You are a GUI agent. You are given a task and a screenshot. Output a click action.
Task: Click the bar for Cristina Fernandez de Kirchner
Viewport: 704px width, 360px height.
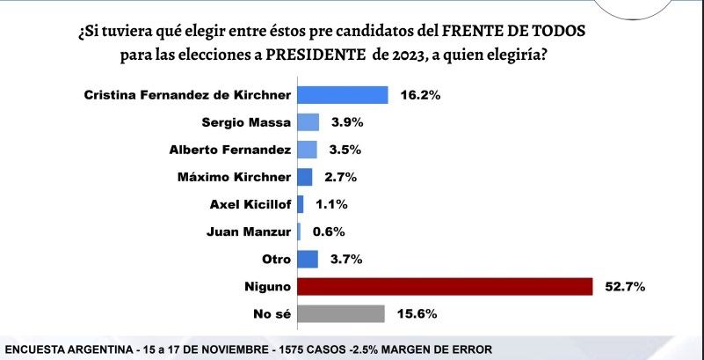(x=343, y=95)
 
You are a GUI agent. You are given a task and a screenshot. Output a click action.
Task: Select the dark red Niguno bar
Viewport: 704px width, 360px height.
(x=445, y=286)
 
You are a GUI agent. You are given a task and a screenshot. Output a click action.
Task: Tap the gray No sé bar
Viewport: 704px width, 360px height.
(x=341, y=313)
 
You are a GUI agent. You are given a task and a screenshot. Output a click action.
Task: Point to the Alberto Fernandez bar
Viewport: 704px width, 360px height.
(x=307, y=150)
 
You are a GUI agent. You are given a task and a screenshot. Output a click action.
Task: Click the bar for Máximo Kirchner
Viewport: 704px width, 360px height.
(x=305, y=177)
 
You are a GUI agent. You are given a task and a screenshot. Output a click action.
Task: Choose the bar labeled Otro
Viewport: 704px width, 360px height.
(x=308, y=259)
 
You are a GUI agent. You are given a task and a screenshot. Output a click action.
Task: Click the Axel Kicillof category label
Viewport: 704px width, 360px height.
(x=250, y=204)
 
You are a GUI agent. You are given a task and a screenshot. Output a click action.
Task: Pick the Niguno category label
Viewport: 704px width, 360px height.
(x=267, y=286)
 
